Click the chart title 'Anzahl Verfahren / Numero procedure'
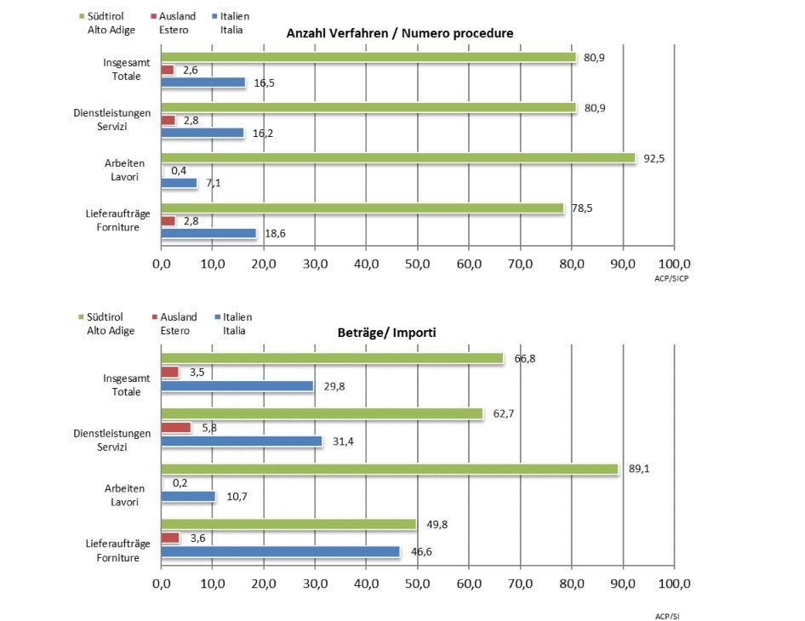[399, 32]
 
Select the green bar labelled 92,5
[398, 158]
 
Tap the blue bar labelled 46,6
[281, 552]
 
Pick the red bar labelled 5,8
[176, 428]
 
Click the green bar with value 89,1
[390, 469]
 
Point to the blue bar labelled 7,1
[180, 183]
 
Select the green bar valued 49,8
[289, 524]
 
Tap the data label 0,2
[180, 482]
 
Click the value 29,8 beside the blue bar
[334, 386]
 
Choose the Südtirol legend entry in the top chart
[106, 22]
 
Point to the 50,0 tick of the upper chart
[418, 265]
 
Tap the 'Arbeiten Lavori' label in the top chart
[124, 169]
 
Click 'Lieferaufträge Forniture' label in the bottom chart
[118, 550]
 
